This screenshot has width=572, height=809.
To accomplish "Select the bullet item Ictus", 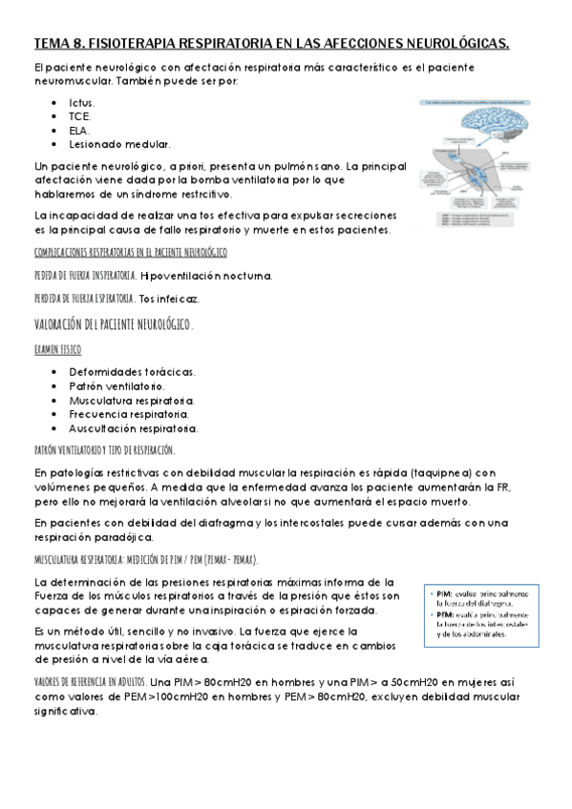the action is point(82,101).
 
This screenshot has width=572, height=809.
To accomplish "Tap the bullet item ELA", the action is point(80,130).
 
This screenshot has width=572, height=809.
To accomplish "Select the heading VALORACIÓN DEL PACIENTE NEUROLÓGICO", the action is point(113,324).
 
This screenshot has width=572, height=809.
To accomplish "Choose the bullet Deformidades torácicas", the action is point(132,371).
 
